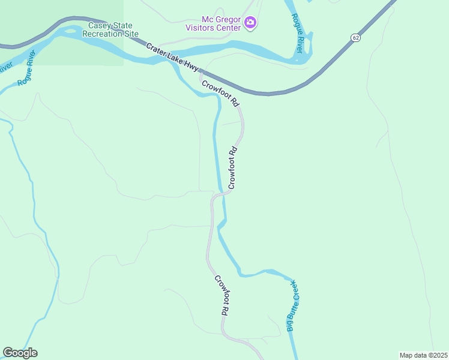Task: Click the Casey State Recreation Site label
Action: click(x=113, y=29)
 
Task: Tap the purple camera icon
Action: click(x=251, y=23)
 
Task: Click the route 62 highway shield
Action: click(x=356, y=38)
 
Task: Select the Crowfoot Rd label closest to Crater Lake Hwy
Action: click(x=220, y=94)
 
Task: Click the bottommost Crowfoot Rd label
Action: click(x=222, y=296)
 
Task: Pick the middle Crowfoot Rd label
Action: click(x=234, y=168)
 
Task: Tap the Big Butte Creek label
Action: click(x=292, y=305)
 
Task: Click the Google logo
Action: click(x=20, y=353)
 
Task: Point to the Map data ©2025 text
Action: click(x=423, y=355)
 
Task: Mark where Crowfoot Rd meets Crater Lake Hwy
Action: click(x=200, y=74)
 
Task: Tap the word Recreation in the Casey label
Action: click(x=108, y=34)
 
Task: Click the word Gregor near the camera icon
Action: click(x=228, y=19)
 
